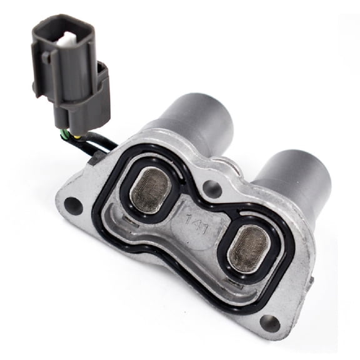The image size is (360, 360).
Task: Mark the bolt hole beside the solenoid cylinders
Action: (216, 186)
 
